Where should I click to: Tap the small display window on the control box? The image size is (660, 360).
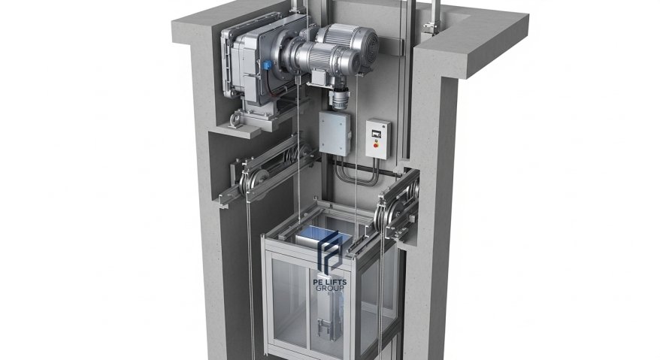(377, 135)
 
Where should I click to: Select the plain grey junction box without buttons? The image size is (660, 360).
(335, 132)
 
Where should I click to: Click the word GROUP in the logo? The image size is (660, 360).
(331, 288)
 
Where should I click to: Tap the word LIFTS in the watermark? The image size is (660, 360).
(336, 282)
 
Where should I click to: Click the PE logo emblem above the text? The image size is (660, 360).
(330, 253)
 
